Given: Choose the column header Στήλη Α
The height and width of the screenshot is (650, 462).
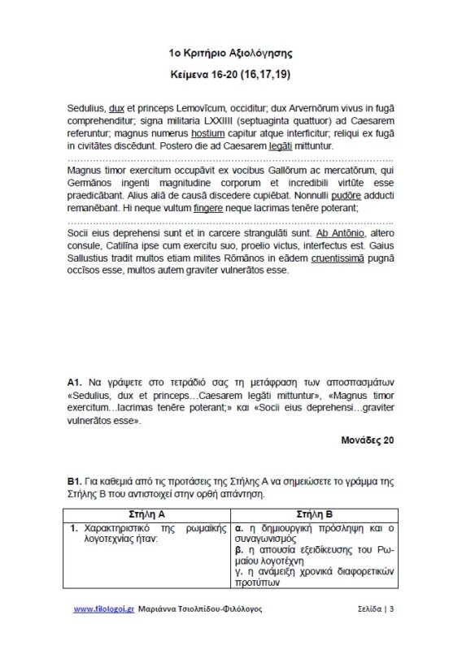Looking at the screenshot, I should tap(148, 514).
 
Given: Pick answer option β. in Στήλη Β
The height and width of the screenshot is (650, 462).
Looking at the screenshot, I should tap(244, 550).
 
